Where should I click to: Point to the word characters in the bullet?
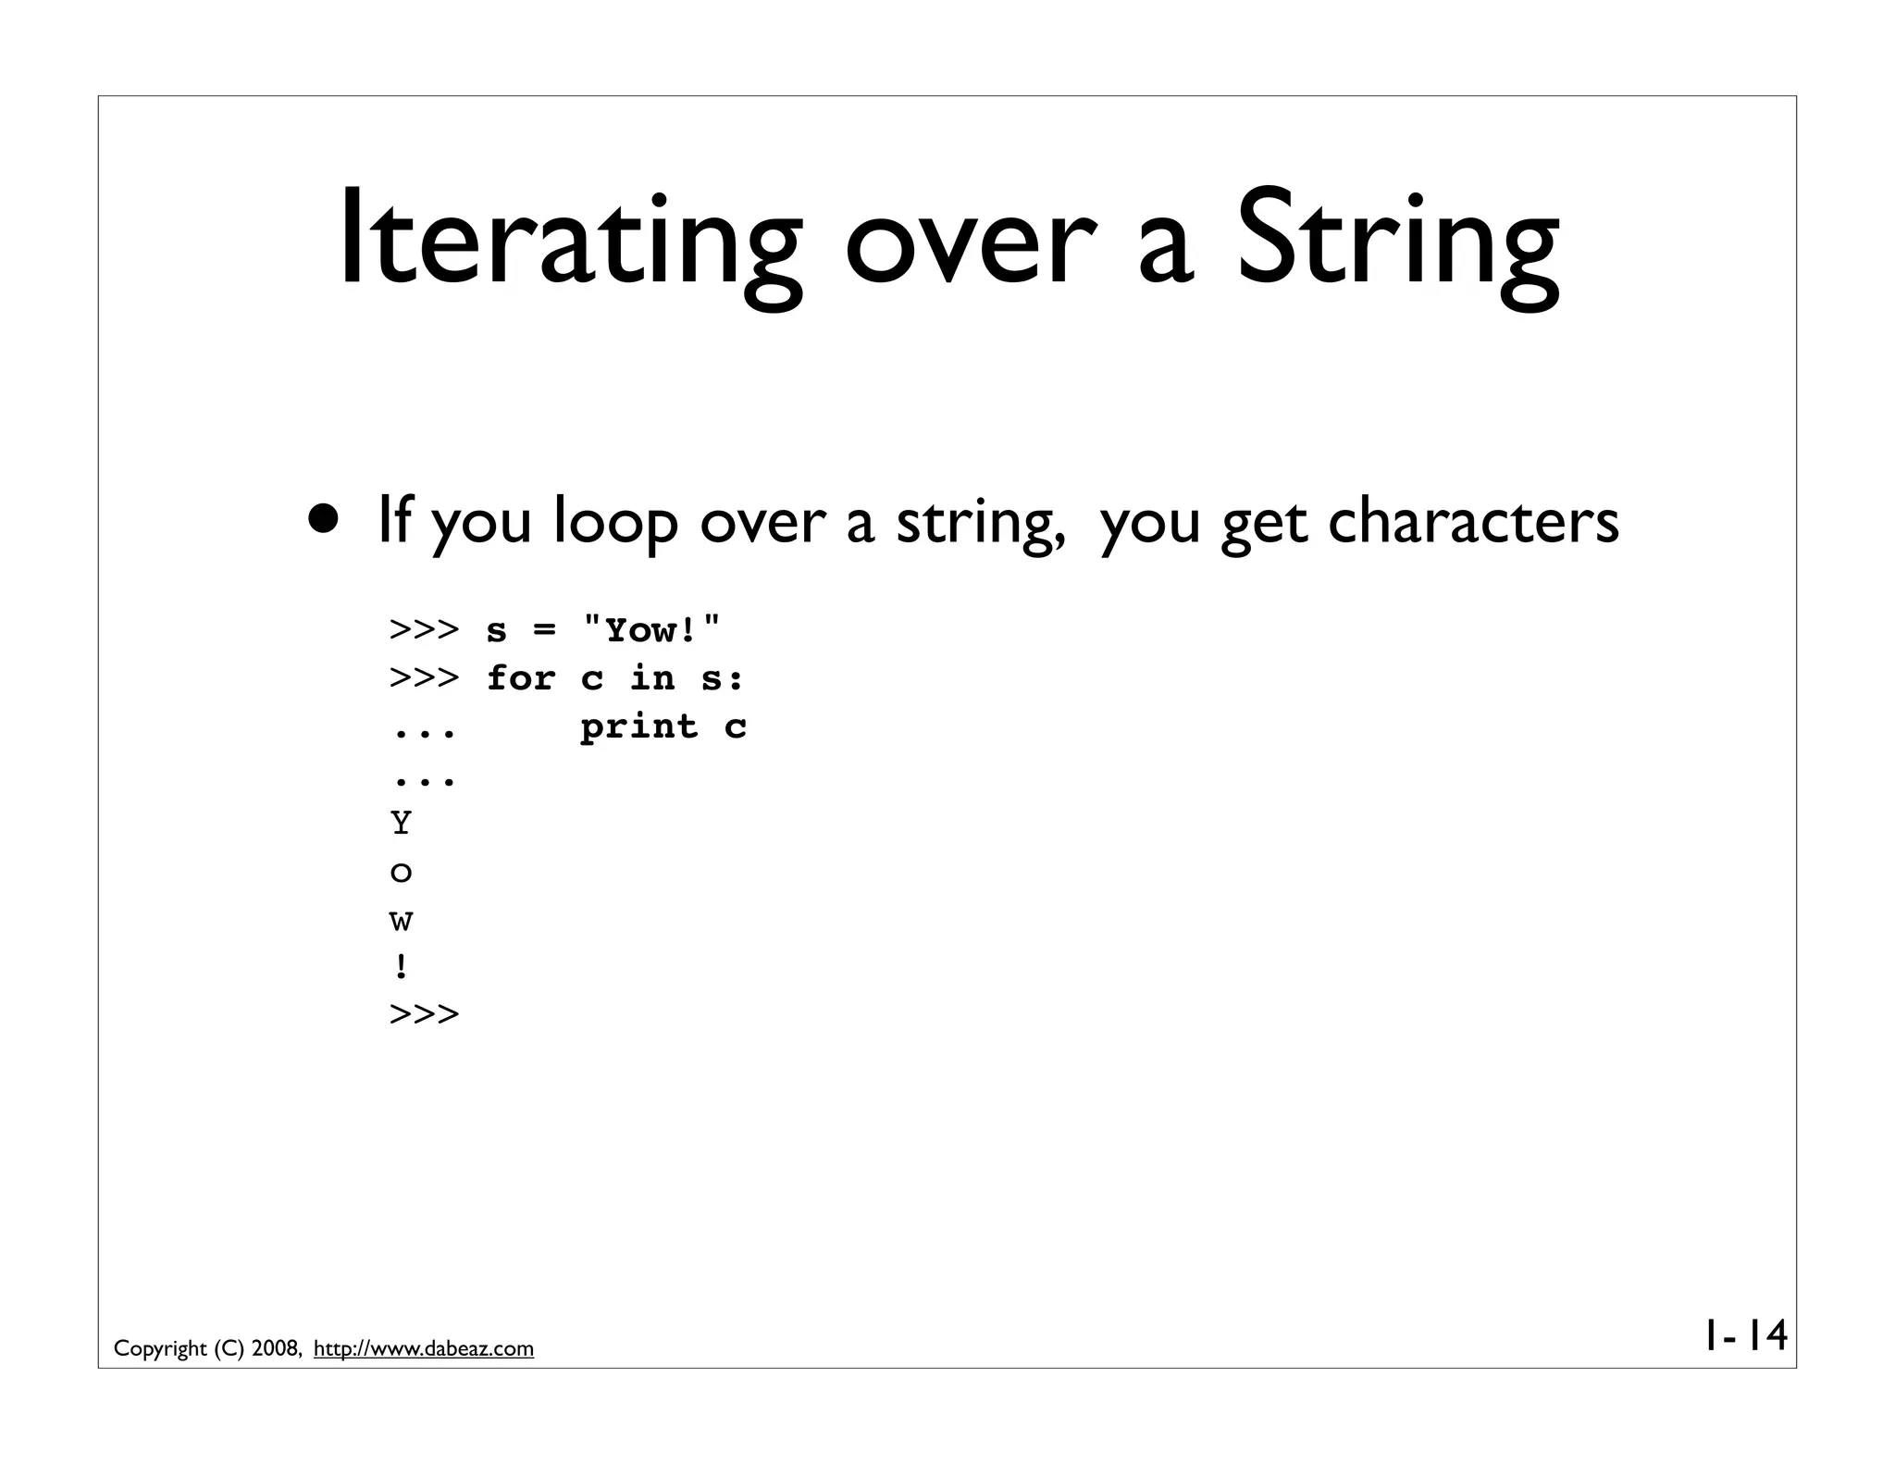coord(1473,521)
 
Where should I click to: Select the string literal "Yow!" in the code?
coord(651,630)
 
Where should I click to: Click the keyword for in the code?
coord(521,678)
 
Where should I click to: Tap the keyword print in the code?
coord(638,727)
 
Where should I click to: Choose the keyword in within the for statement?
coord(652,678)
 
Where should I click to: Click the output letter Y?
coord(401,823)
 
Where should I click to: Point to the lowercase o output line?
coord(401,873)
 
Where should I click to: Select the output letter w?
coord(401,921)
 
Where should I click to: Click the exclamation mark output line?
coord(401,968)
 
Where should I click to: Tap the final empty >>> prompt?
coord(424,1014)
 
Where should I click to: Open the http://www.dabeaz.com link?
coord(424,1349)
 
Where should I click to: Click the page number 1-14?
coord(1744,1336)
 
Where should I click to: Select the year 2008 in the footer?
coord(275,1349)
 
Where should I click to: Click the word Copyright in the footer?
coord(160,1349)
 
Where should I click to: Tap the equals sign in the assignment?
coord(545,631)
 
